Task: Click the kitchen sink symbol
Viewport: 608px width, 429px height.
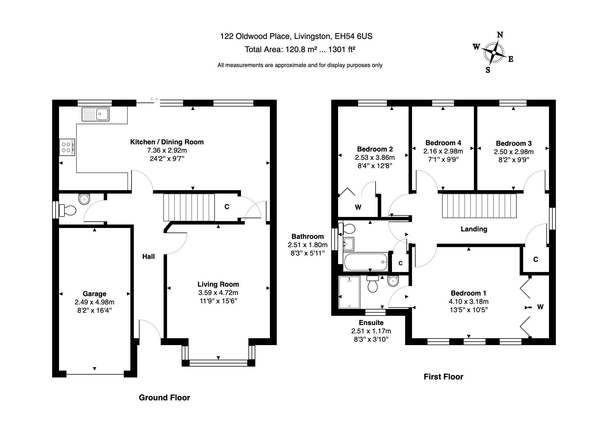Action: (95, 114)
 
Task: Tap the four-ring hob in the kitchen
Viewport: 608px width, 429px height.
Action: (67, 147)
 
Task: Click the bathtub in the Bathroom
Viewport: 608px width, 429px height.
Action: (365, 262)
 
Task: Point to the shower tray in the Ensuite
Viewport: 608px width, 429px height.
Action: (349, 292)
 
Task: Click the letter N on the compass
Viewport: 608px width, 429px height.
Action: (500, 35)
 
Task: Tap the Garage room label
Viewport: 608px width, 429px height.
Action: (94, 294)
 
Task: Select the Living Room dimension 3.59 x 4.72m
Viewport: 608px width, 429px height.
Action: (218, 293)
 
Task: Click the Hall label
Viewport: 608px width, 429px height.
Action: (148, 257)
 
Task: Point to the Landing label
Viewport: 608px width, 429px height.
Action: (474, 229)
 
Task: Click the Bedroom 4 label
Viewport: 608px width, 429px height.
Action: (443, 143)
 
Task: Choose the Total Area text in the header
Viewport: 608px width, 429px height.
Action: (300, 50)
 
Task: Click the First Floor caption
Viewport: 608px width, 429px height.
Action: (443, 377)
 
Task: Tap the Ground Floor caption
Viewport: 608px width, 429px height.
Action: (164, 397)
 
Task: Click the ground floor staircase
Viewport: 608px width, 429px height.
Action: (189, 207)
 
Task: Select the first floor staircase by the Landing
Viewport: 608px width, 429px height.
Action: (479, 206)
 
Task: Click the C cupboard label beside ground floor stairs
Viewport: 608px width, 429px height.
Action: (227, 206)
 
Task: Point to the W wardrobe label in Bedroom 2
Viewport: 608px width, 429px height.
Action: (358, 207)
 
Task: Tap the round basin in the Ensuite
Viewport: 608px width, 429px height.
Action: (393, 281)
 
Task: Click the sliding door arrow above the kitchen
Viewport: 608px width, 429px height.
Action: (154, 99)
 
